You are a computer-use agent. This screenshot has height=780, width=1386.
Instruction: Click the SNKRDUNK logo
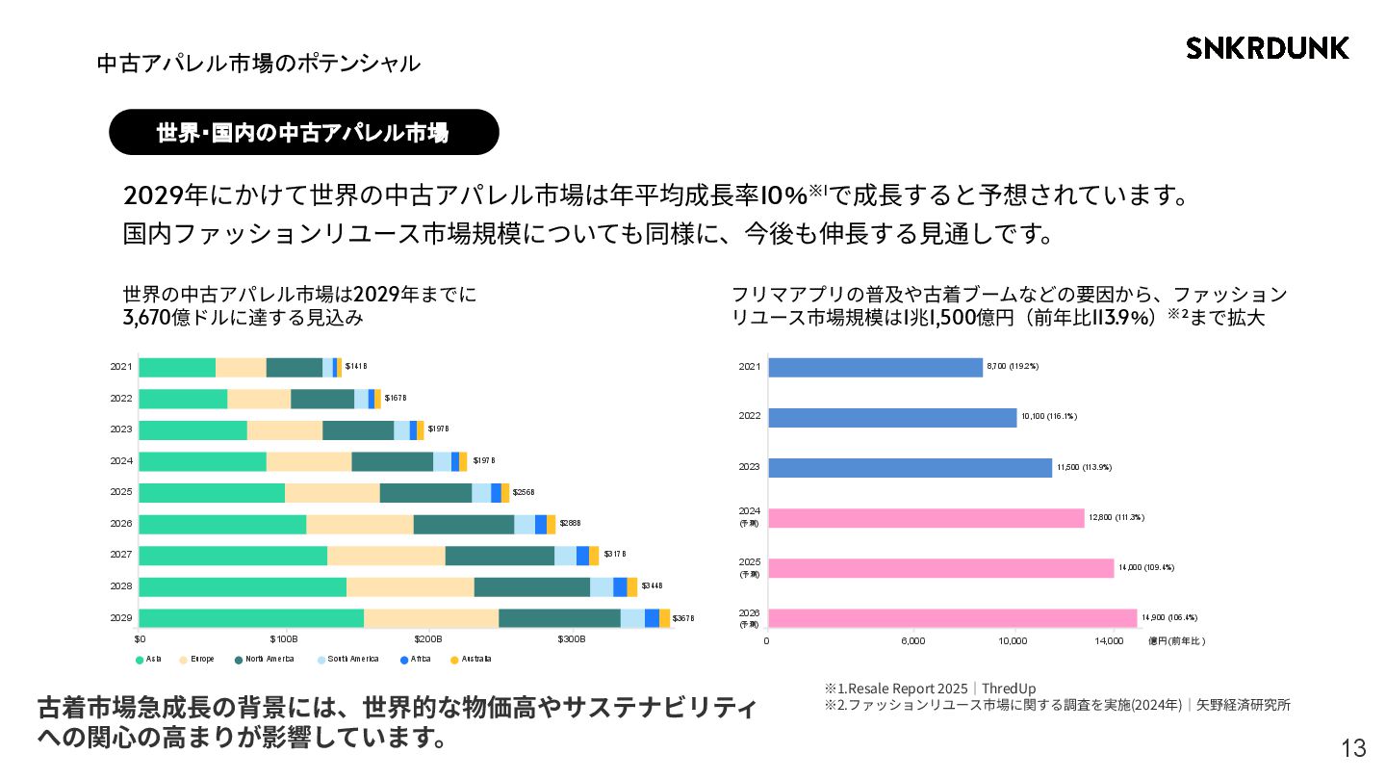[1268, 48]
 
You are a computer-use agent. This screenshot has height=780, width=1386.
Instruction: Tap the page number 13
[1352, 748]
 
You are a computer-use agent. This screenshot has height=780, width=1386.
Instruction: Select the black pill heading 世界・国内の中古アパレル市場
[303, 132]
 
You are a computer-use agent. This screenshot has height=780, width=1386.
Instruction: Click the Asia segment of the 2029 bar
[251, 618]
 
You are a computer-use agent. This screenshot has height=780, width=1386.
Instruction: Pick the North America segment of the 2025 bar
[425, 493]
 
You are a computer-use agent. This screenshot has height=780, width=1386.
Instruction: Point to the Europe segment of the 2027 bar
[386, 556]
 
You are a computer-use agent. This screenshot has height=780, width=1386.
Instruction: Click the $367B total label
[683, 618]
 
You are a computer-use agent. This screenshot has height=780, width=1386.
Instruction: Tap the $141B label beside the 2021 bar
[356, 366]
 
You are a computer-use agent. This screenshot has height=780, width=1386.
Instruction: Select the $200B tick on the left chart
[428, 638]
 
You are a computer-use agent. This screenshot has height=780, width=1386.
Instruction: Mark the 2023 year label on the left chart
[121, 429]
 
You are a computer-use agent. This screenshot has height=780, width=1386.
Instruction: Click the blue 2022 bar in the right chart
[892, 417]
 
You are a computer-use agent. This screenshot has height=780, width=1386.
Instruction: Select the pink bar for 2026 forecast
[952, 618]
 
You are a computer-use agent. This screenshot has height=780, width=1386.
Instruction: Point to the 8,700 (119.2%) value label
[1013, 366]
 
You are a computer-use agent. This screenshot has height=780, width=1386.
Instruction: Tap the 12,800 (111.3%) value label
[1116, 517]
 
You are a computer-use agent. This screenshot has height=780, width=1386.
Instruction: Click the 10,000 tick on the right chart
[1014, 640]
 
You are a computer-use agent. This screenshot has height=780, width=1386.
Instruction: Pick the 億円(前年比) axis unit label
[1176, 640]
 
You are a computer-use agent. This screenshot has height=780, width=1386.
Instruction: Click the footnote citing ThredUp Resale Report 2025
[930, 689]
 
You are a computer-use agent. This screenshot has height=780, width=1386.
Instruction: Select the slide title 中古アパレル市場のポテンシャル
[259, 64]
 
